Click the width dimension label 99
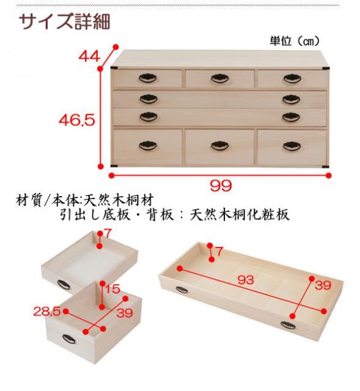[221, 186]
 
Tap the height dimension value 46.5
[77, 120]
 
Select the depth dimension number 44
[89, 56]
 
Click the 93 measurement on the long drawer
[246, 280]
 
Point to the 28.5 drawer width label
[47, 312]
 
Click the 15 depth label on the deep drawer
[112, 289]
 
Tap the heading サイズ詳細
[65, 22]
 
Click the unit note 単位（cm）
[295, 41]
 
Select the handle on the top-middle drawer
[220, 78]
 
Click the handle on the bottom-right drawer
[292, 146]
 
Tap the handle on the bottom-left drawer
[148, 145]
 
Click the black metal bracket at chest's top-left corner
[115, 68]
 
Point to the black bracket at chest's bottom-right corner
[325, 166]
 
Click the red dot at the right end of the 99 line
[329, 175]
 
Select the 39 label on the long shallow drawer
[323, 285]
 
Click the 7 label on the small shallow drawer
[108, 234]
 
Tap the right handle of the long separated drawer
[288, 325]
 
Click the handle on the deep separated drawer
[69, 338]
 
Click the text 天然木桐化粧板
[240, 214]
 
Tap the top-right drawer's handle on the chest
[292, 79]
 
